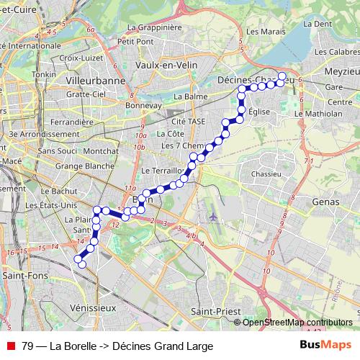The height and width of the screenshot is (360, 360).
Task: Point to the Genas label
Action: [x=325, y=203]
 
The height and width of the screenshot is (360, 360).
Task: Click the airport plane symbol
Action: [x=212, y=215]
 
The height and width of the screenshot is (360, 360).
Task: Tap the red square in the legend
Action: [x=10, y=346]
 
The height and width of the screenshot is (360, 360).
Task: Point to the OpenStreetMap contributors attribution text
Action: [x=297, y=322]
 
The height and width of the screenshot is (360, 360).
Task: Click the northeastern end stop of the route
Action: [x=282, y=76]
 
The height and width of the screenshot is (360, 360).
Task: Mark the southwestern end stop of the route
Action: [x=81, y=264]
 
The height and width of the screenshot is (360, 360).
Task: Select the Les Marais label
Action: [x=261, y=32]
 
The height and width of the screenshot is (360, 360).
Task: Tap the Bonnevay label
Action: [x=142, y=104]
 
